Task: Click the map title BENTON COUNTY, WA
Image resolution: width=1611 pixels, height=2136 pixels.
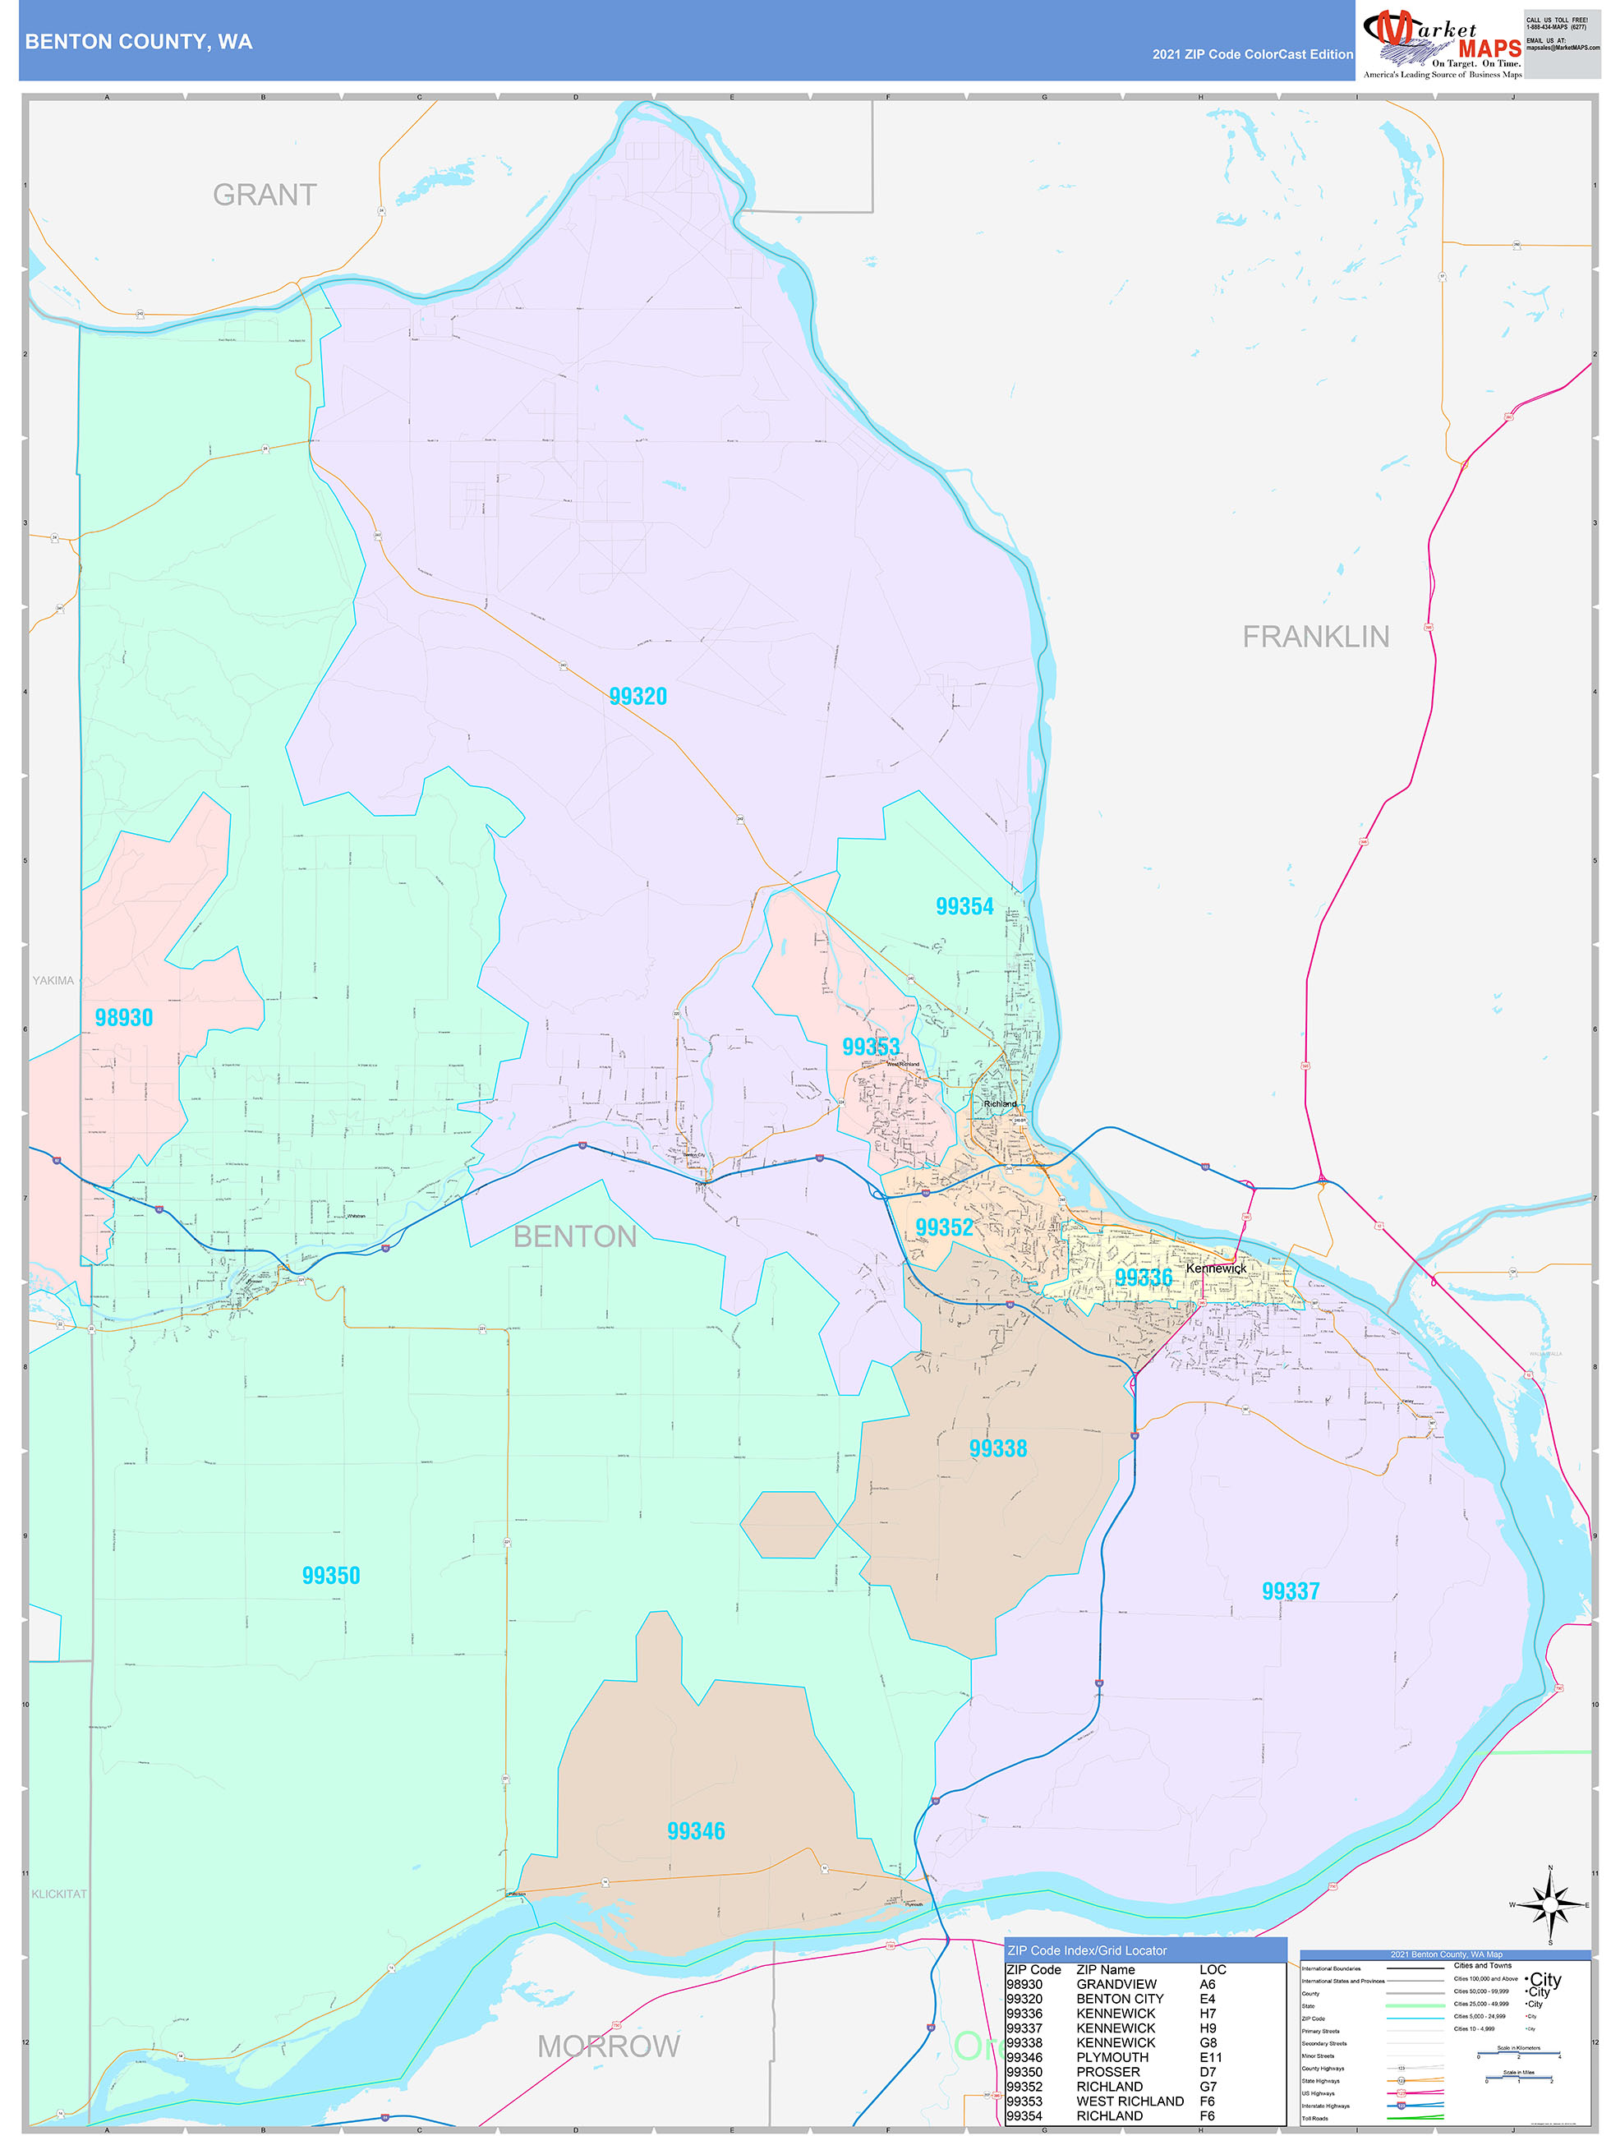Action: click(139, 42)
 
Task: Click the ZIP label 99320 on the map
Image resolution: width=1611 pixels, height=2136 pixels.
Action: click(637, 696)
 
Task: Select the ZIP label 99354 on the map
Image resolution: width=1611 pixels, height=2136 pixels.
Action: click(964, 906)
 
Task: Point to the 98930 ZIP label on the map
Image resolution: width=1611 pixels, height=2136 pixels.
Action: click(123, 1018)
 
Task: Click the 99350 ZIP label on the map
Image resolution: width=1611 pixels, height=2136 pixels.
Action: click(330, 1576)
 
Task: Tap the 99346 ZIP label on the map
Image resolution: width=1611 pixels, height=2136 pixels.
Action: click(695, 1832)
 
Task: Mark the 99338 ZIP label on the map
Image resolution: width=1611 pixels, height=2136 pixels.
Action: click(997, 1448)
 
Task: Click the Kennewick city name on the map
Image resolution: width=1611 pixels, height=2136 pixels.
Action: click(1216, 1268)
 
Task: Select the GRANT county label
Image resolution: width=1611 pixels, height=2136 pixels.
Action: click(265, 195)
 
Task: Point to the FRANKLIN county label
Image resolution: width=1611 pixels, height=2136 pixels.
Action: click(1315, 637)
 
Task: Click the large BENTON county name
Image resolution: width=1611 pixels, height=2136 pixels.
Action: click(575, 1236)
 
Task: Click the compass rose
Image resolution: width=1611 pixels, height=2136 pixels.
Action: click(1550, 1905)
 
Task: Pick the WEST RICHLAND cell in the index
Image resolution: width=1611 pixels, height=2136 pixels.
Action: click(1130, 2101)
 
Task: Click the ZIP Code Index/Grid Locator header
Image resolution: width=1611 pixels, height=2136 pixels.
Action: click(1087, 1950)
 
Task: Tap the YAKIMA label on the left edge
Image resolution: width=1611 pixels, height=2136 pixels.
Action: click(53, 980)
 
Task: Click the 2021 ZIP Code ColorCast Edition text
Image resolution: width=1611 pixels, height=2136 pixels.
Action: click(1252, 54)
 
